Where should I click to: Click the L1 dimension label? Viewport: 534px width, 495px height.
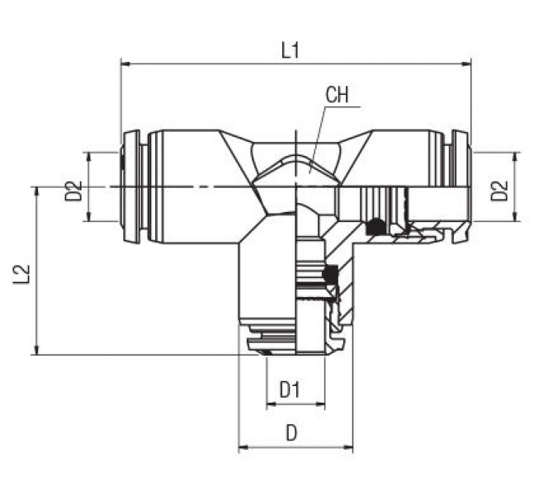pos(290,50)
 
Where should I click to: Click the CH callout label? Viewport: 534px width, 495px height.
pos(337,95)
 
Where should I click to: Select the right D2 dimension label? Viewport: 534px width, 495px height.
pos(499,191)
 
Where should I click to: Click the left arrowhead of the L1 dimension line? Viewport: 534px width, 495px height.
pos(126,63)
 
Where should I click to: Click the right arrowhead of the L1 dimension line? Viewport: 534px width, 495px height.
pos(466,63)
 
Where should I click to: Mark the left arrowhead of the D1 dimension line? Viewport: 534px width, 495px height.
pos(271,405)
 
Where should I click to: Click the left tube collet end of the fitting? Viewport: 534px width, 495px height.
pos(130,187)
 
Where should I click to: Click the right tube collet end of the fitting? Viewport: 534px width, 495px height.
pos(461,187)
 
